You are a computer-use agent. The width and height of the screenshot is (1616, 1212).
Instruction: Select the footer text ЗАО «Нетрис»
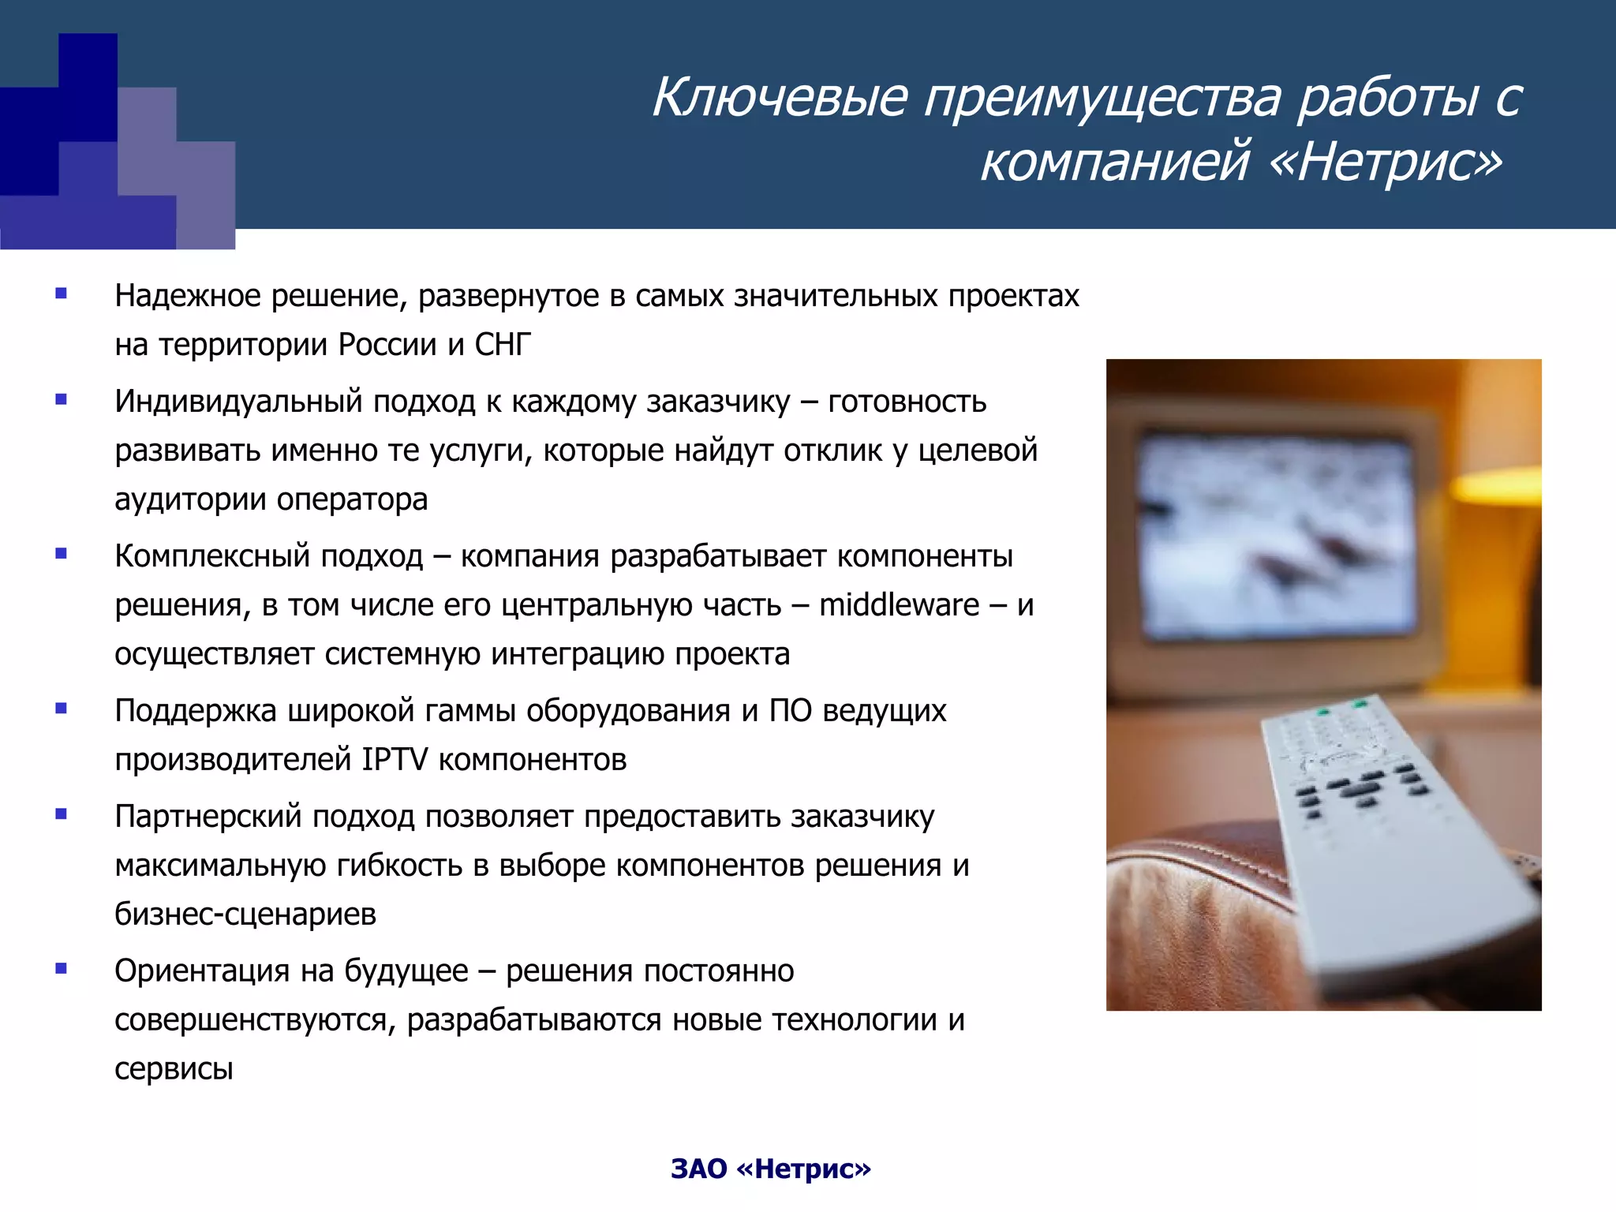[x=770, y=1169]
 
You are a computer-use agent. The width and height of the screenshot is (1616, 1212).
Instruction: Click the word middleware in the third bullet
[x=899, y=605]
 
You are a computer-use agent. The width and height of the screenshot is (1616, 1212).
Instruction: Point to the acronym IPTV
[x=395, y=760]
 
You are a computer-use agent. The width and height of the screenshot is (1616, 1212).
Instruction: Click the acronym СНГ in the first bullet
[x=503, y=345]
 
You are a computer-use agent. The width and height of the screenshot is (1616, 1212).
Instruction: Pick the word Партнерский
[x=208, y=817]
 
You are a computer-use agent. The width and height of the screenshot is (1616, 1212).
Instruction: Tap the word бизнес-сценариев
[x=245, y=915]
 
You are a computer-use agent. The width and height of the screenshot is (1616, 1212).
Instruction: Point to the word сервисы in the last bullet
[x=174, y=1069]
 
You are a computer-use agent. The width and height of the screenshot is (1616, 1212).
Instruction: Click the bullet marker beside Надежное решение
[x=62, y=294]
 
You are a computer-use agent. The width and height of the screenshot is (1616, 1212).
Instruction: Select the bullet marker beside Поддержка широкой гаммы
[x=62, y=709]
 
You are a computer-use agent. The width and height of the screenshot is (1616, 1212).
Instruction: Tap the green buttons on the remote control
[x=1341, y=707]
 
